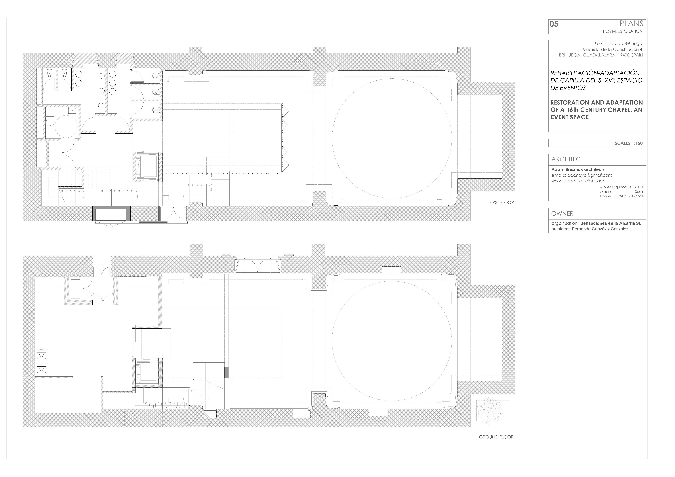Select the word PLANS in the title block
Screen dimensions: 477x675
pos(631,24)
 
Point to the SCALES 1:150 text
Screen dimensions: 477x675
pos(629,143)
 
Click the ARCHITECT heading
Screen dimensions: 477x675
pos(567,159)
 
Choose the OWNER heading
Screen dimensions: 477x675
pos(562,213)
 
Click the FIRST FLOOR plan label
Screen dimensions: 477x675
pos(501,203)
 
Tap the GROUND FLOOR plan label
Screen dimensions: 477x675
pos(496,437)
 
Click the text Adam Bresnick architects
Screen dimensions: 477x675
pos(578,169)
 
